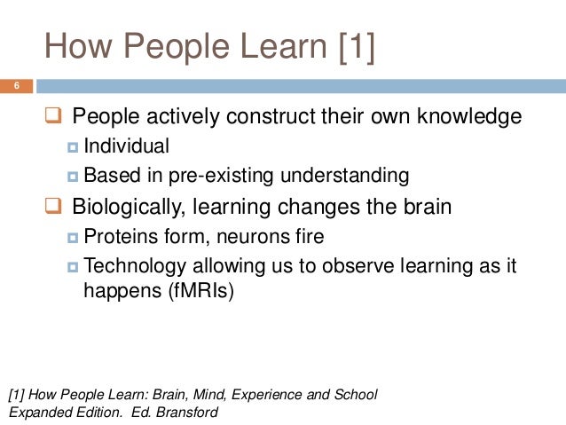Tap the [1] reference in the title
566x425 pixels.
click(x=356, y=48)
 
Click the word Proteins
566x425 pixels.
click(x=118, y=237)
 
